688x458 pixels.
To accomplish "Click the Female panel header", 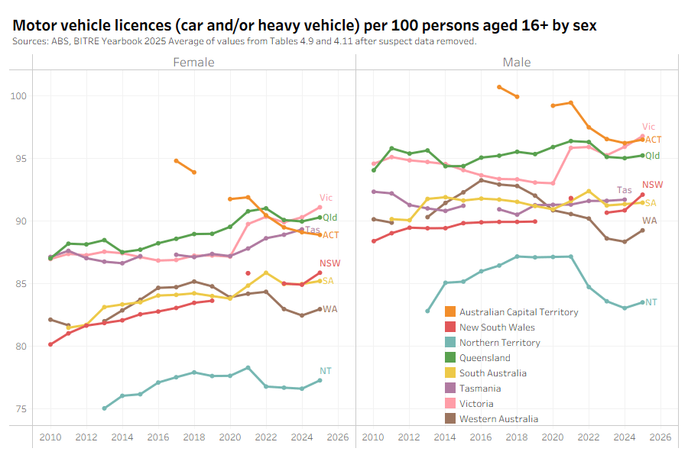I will coord(193,62).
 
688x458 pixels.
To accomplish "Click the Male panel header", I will coord(516,62).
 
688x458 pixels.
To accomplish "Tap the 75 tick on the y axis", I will coord(19,409).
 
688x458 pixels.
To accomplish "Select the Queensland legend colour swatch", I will coord(451,358).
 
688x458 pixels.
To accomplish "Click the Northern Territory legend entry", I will coord(499,343).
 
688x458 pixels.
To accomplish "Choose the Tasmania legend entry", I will coord(480,389).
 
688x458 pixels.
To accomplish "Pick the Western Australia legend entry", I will coord(498,419).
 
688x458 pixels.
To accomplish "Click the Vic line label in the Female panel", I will coord(326,198).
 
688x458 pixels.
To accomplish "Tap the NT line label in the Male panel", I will coord(651,303).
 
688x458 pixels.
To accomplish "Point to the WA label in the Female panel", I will coord(330,309).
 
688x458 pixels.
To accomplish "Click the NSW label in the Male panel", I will coord(652,185).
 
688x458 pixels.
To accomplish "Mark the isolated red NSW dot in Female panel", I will coord(248,273).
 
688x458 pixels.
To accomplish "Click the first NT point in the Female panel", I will coord(104,408).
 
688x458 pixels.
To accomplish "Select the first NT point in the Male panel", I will coord(427,311).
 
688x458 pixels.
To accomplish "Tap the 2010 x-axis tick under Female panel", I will coord(50,437).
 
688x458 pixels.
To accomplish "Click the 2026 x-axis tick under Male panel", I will coord(660,437).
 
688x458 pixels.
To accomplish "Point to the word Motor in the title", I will coord(32,25).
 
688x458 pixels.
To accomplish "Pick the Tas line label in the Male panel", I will coord(625,190).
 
